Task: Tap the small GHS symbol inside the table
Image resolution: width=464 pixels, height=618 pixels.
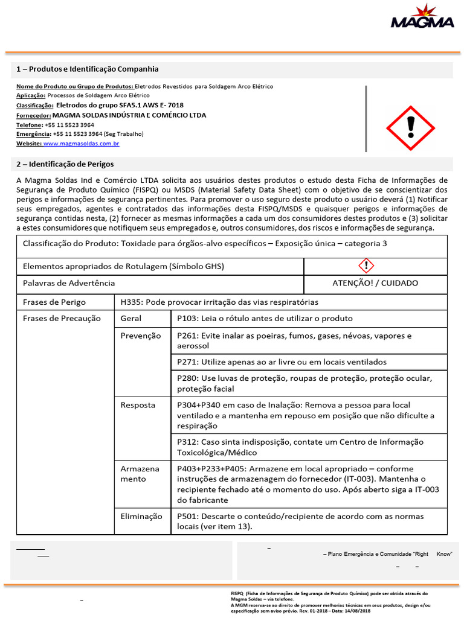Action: pos(367,266)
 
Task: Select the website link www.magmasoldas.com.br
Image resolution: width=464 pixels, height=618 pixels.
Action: pos(81,143)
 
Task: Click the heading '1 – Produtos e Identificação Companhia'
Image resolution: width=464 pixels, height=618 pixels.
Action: pos(88,69)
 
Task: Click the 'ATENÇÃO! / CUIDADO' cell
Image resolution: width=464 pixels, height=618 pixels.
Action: pos(375,283)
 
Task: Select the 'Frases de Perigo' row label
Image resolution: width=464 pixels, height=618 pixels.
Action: pos(54,302)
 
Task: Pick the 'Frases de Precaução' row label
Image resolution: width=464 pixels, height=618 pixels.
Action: pos(62,318)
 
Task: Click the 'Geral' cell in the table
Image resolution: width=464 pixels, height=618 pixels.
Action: pos(131,318)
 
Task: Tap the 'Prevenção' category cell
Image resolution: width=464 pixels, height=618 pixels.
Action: pos(141,336)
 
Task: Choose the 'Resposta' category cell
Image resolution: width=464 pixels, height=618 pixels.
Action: pos(138,405)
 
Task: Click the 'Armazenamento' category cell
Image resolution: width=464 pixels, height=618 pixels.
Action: pos(140,474)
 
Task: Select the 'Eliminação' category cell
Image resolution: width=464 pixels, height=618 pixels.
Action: pos(141,516)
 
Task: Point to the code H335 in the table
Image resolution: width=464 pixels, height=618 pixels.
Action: pos(130,302)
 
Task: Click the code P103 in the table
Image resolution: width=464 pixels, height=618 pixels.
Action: pos(187,318)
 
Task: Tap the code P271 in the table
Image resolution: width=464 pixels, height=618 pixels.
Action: pos(187,362)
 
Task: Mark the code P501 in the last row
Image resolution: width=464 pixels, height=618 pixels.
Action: pos(187,516)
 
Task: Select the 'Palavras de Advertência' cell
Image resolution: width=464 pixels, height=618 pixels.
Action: pos(69,283)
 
